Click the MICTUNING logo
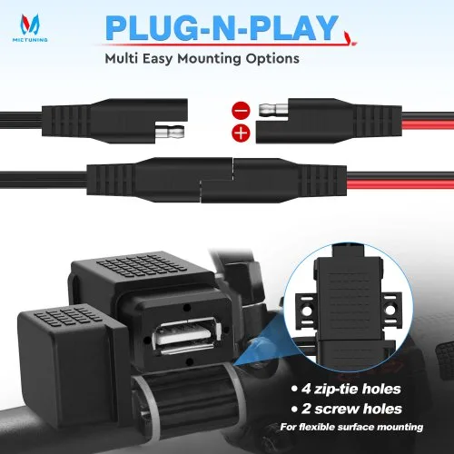point(30,28)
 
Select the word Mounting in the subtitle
point(210,58)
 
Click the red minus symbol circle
point(241,110)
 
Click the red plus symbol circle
point(241,133)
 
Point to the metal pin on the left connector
point(170,132)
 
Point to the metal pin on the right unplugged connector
point(273,108)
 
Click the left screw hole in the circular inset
point(307,311)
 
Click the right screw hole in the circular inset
point(390,311)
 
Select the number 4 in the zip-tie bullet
point(306,389)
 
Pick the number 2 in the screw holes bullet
point(306,409)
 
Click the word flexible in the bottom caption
point(317,427)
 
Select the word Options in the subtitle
point(272,58)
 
